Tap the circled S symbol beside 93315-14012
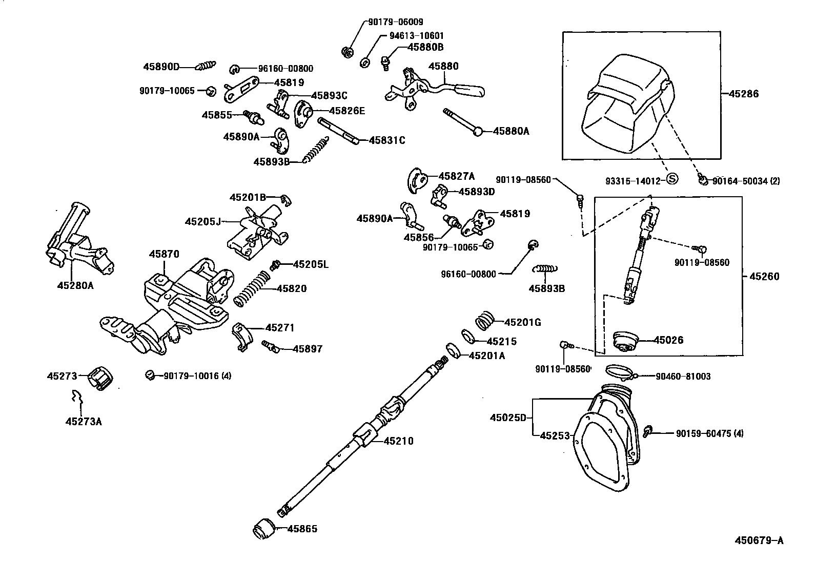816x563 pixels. pyautogui.click(x=672, y=179)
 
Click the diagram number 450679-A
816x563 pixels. pyautogui.click(x=759, y=540)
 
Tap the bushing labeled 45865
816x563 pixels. pyautogui.click(x=266, y=528)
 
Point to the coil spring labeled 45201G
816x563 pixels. pyautogui.click(x=485, y=321)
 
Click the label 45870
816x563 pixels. pyautogui.click(x=164, y=254)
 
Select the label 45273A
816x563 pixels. pyautogui.click(x=84, y=421)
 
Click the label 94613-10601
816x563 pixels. pyautogui.click(x=417, y=36)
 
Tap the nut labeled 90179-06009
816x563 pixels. pyautogui.click(x=346, y=51)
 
